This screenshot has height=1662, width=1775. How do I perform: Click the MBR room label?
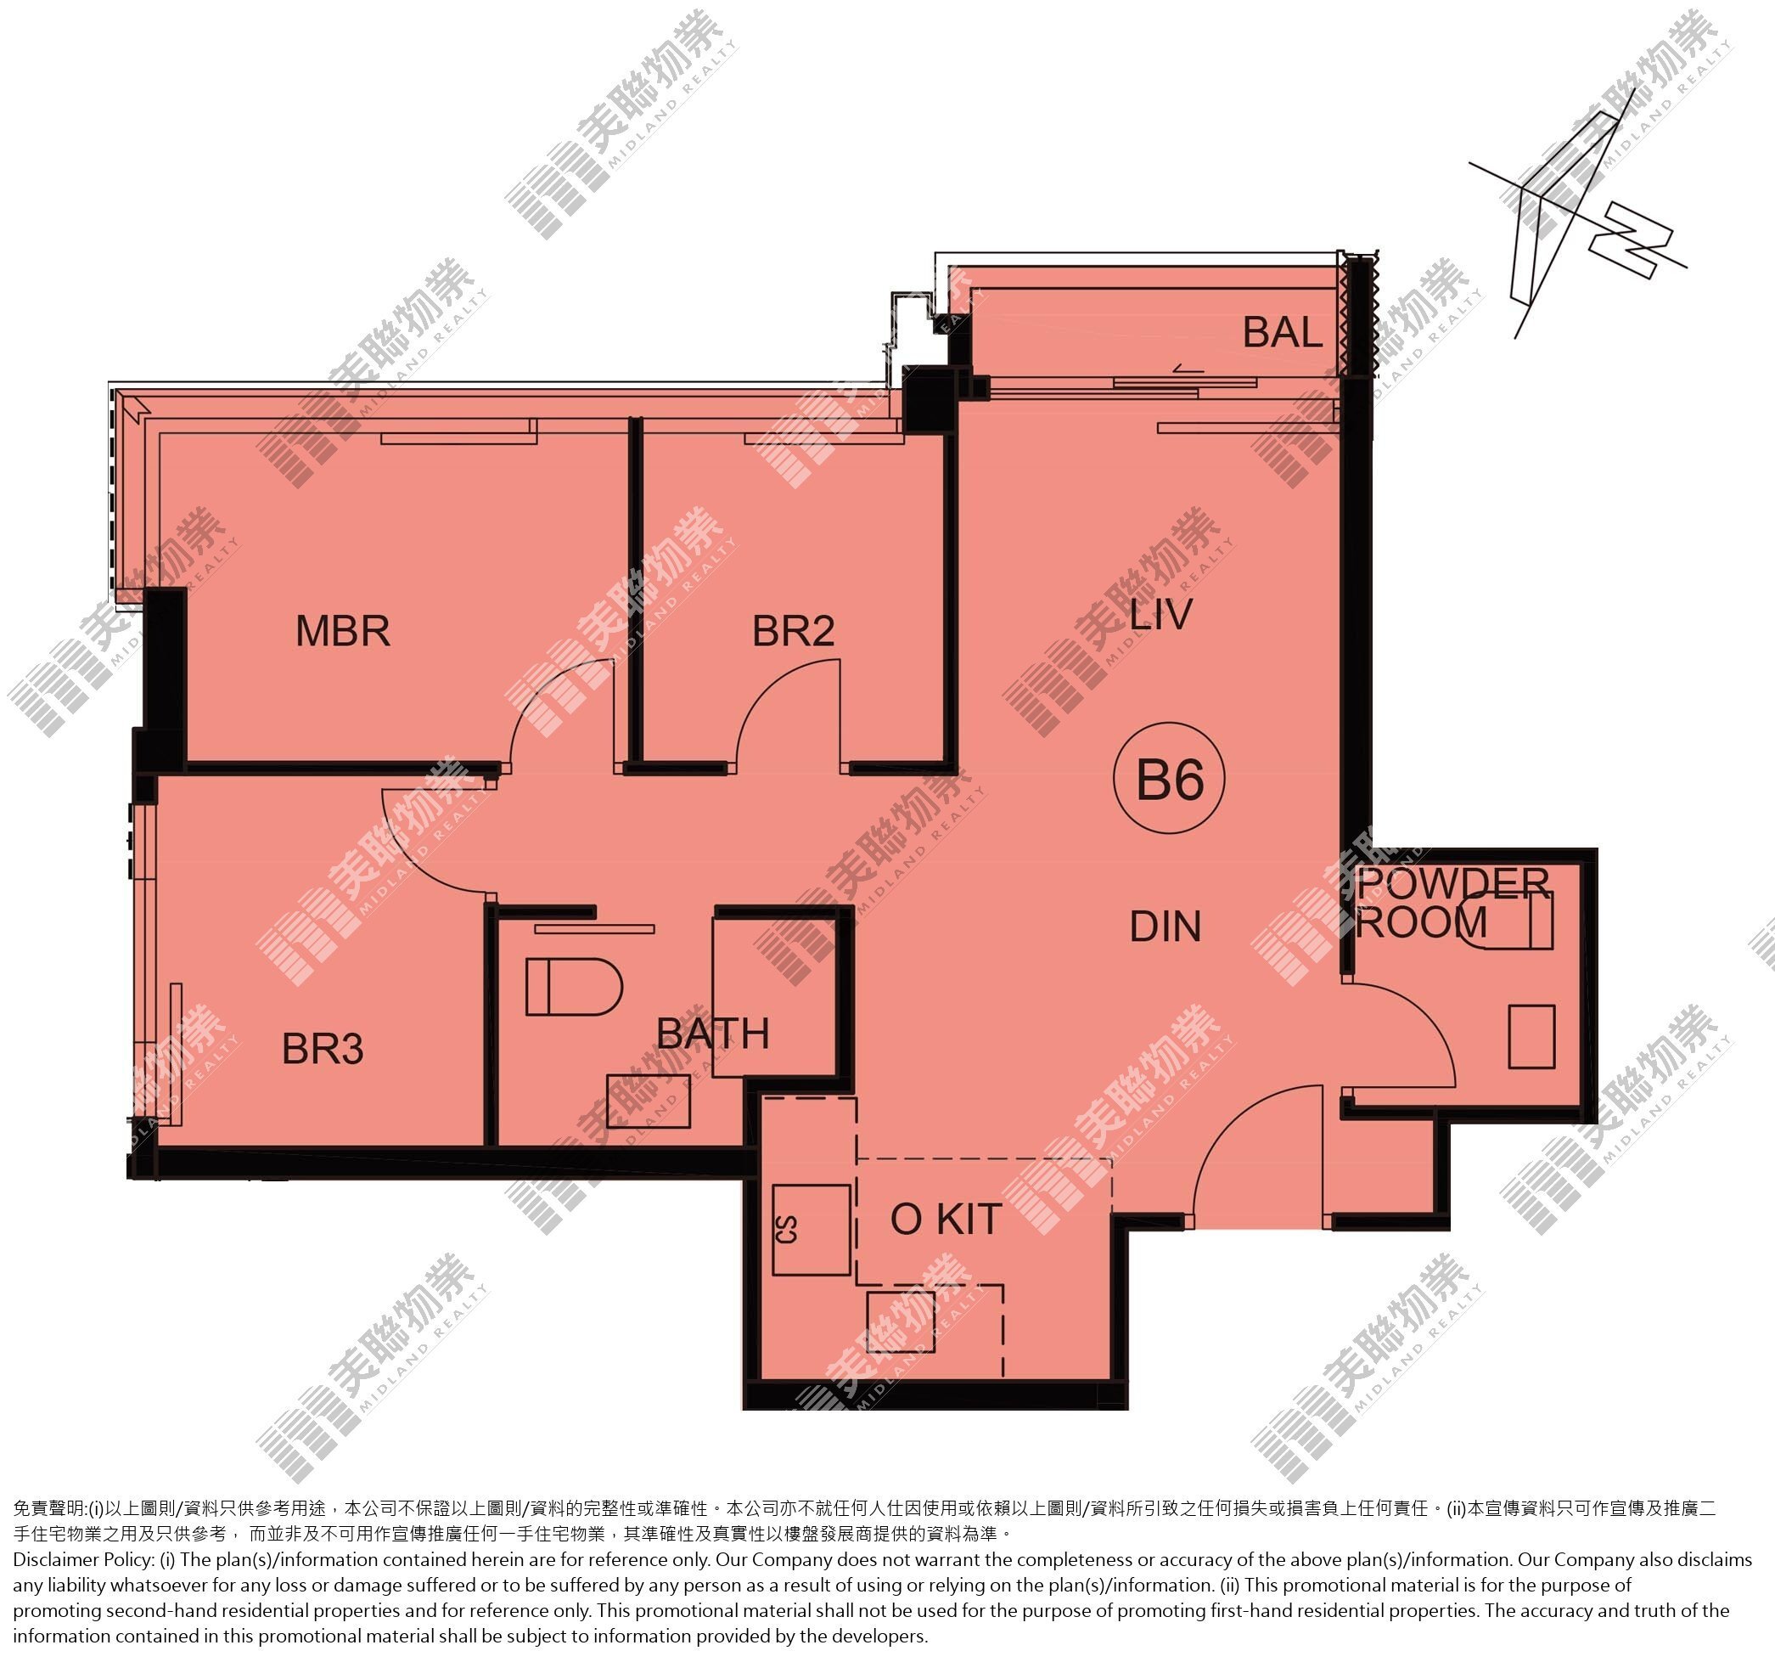[343, 631]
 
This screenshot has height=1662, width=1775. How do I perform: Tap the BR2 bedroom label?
[793, 631]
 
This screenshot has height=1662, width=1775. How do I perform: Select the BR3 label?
[323, 1049]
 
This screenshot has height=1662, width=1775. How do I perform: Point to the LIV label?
[1160, 614]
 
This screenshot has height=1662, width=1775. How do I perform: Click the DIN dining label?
[1166, 927]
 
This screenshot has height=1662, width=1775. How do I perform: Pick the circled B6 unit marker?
[1169, 780]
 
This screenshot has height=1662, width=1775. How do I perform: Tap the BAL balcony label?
[1282, 333]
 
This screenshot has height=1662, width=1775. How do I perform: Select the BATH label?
[712, 1034]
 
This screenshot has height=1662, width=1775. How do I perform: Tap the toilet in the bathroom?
[573, 987]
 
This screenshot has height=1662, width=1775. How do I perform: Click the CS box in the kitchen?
[811, 1230]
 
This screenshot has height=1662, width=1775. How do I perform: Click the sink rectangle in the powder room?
[1532, 1037]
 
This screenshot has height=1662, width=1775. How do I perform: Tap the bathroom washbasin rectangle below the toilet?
[649, 1102]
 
